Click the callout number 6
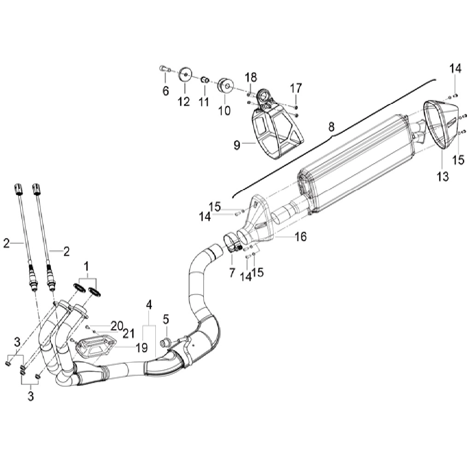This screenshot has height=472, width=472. pyautogui.click(x=165, y=91)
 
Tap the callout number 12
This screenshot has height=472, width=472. pyautogui.click(x=184, y=101)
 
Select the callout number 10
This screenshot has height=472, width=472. pyautogui.click(x=224, y=111)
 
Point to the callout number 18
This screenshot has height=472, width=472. pyautogui.click(x=251, y=77)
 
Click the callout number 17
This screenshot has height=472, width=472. pyautogui.click(x=295, y=88)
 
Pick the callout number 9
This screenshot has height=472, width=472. pyautogui.click(x=237, y=145)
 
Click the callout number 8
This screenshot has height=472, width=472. pyautogui.click(x=331, y=127)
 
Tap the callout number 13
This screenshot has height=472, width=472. pyautogui.click(x=443, y=177)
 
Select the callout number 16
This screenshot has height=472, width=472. pyautogui.click(x=301, y=236)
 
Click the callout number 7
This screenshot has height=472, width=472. pyautogui.click(x=232, y=273)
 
